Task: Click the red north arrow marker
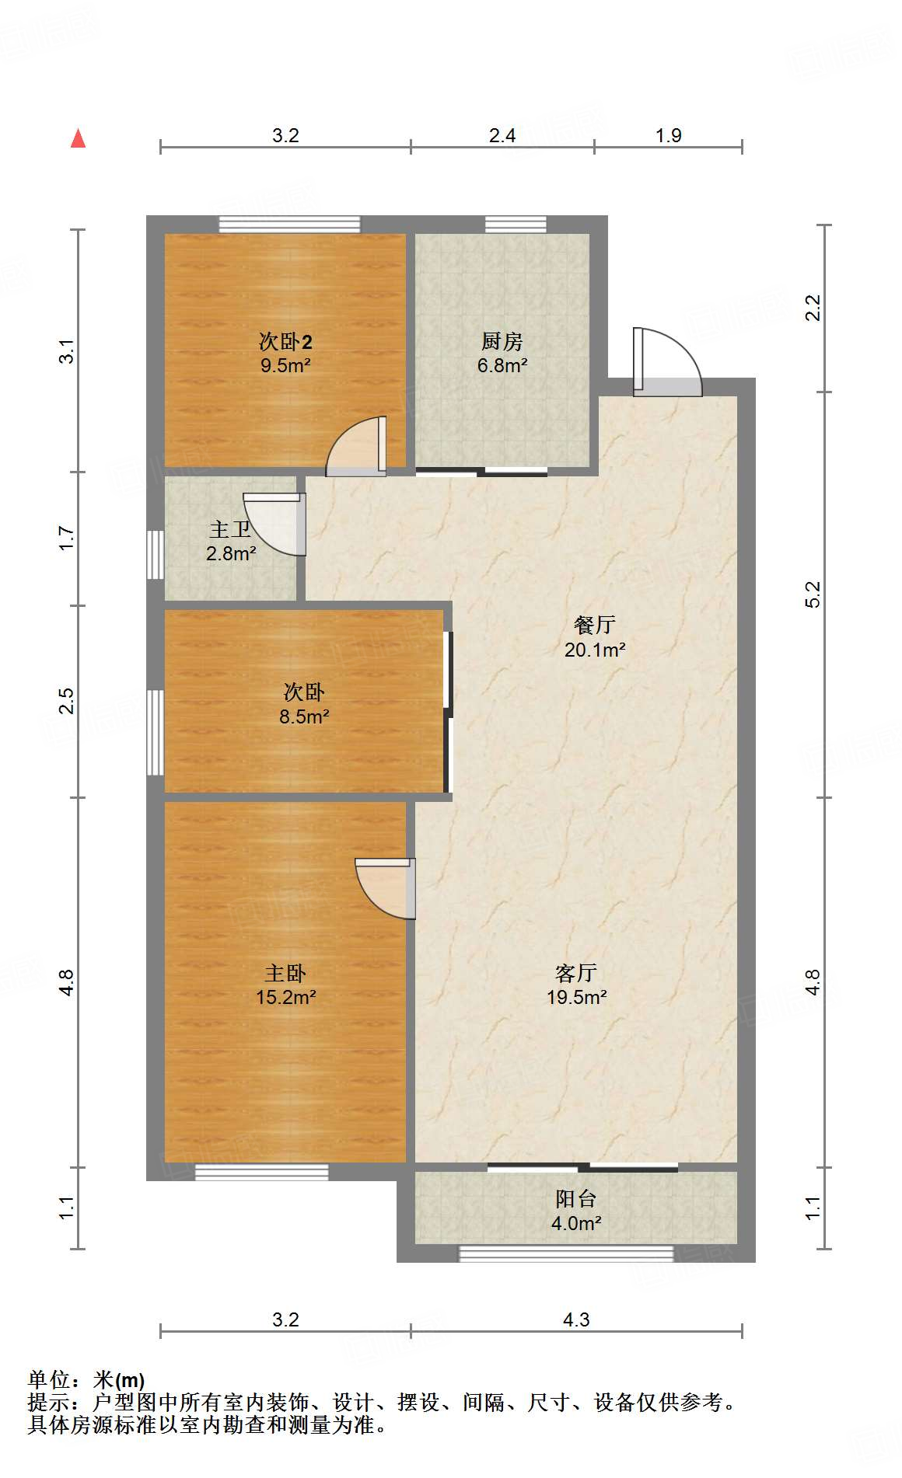coord(78,138)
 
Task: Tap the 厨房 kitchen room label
coord(502,341)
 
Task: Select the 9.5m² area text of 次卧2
coord(285,365)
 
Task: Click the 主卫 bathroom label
coord(230,529)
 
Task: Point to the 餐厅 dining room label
coord(595,625)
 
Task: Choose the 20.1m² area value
coord(595,650)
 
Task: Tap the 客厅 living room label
coord(576,973)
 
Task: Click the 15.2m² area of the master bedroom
coord(285,997)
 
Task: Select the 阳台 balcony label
coord(576,1199)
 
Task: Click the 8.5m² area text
coord(304,716)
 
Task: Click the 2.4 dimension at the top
coord(502,136)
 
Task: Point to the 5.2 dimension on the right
coord(813,594)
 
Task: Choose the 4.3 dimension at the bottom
coord(576,1320)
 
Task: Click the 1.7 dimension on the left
coord(67,538)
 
